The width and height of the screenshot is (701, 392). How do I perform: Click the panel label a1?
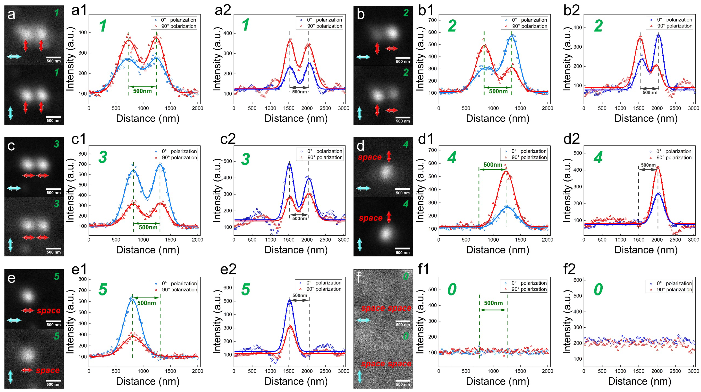(79, 10)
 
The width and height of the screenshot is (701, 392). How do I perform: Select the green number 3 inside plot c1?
(103, 157)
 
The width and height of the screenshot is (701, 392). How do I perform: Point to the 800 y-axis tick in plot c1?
(82, 154)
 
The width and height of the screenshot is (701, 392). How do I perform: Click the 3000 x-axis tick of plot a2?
(343, 108)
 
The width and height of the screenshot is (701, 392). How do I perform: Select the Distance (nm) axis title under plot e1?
(148, 381)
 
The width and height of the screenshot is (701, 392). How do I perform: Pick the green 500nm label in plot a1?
(142, 91)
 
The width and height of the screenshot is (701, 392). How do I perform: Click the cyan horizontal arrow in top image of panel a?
(14, 57)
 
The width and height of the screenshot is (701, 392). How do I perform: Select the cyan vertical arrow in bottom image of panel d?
(360, 244)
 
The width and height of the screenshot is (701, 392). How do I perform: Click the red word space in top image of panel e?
(49, 311)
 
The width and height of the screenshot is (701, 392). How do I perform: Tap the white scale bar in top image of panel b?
(403, 58)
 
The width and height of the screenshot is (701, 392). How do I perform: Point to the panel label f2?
(569, 269)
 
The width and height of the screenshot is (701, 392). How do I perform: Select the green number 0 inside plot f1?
(452, 289)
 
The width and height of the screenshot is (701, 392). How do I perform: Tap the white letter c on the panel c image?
(11, 146)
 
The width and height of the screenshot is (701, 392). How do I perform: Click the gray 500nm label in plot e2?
(300, 295)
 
